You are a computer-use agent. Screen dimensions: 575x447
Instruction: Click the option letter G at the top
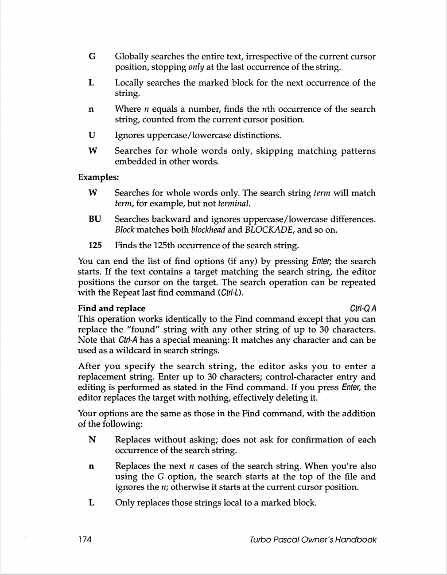click(92, 57)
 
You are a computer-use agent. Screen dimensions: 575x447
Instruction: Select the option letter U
click(92, 135)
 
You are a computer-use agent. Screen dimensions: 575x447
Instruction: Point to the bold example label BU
click(95, 219)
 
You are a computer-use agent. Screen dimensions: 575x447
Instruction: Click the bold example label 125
click(95, 245)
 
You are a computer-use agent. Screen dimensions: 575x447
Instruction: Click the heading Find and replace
click(111, 309)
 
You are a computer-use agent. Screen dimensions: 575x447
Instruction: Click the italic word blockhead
click(208, 230)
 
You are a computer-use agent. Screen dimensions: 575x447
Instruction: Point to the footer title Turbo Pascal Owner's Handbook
click(313, 540)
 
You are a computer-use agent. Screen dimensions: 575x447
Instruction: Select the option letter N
click(92, 440)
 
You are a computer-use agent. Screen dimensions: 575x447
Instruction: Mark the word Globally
click(132, 57)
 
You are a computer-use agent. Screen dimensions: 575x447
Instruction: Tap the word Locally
click(129, 83)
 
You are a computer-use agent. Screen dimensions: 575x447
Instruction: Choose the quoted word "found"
click(144, 330)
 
